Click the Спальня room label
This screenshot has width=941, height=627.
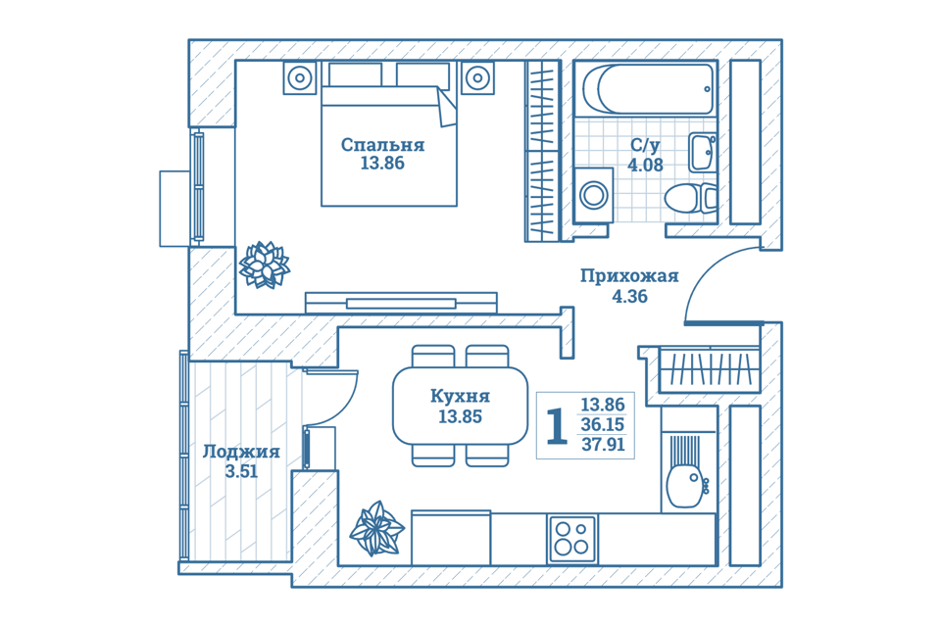click(x=382, y=145)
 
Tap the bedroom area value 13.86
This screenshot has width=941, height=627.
click(x=382, y=164)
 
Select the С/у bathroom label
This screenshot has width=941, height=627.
click(x=645, y=145)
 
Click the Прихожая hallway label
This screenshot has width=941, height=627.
click(x=629, y=276)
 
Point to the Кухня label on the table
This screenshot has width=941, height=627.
click(x=460, y=396)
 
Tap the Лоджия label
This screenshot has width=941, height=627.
click(x=241, y=452)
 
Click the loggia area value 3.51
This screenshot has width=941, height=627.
click(x=241, y=471)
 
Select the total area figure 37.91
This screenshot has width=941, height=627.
click(x=603, y=445)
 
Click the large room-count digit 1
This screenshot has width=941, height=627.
click(x=557, y=426)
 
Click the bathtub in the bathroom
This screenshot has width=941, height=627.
click(x=648, y=89)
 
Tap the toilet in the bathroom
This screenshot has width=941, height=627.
click(x=691, y=199)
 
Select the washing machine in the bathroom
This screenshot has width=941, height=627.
click(x=593, y=196)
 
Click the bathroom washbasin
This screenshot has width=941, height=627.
click(x=702, y=153)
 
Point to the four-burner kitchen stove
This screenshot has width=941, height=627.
click(x=571, y=539)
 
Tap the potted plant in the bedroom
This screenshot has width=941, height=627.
click(x=264, y=265)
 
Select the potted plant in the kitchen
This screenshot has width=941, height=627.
click(x=376, y=529)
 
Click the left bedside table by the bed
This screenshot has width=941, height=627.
click(x=300, y=77)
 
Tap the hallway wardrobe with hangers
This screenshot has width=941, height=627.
click(x=710, y=369)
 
